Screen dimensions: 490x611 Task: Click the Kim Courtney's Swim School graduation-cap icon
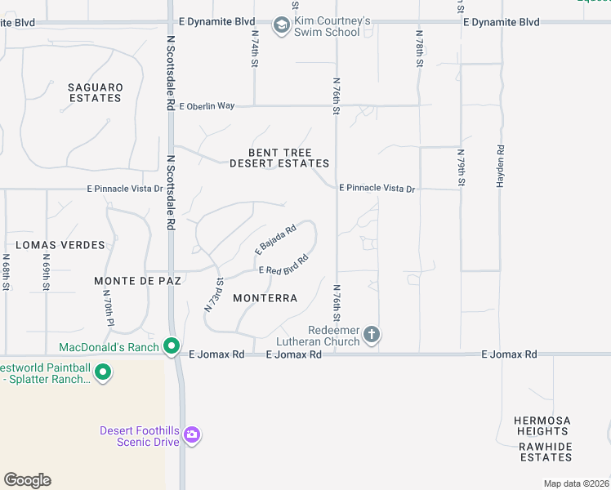tap(282, 26)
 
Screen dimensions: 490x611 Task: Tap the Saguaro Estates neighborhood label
tap(95, 92)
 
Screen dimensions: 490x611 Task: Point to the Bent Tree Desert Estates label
tap(279, 158)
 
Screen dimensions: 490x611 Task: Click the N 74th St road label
tap(255, 49)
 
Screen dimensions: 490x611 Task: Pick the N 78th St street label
tap(419, 49)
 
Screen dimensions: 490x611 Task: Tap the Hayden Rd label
tap(501, 167)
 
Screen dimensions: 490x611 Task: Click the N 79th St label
tap(461, 168)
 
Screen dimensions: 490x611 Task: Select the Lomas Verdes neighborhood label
tap(60, 245)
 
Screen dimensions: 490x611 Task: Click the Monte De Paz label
tap(136, 280)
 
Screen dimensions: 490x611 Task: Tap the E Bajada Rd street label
tap(275, 238)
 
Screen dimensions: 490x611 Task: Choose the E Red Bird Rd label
tap(283, 265)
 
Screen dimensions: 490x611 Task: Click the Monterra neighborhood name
tap(265, 298)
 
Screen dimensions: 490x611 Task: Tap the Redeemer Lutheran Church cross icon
tap(372, 333)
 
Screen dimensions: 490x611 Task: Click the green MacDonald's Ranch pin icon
tap(172, 347)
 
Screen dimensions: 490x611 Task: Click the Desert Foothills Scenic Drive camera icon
tap(192, 434)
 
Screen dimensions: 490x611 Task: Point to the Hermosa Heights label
tap(542, 425)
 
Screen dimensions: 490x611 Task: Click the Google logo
tap(27, 480)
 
